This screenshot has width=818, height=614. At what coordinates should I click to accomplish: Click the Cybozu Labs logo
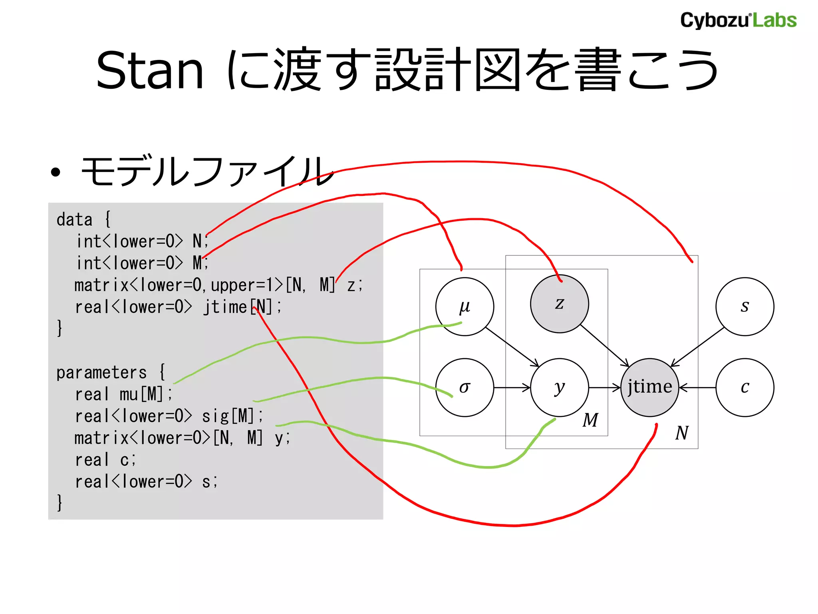(x=738, y=20)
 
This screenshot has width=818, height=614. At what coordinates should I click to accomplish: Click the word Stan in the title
(x=150, y=71)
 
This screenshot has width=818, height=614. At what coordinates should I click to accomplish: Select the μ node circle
(x=465, y=306)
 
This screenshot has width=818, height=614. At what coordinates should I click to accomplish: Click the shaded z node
(x=559, y=304)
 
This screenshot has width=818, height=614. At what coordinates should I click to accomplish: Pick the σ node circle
(x=465, y=387)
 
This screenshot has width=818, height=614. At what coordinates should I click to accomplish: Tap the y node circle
(x=559, y=387)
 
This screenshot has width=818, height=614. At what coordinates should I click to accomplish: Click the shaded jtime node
(x=649, y=387)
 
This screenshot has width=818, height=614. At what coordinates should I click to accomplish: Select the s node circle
(x=745, y=306)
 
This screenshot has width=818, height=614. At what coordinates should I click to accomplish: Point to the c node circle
(x=745, y=387)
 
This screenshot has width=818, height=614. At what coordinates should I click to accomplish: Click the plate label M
(x=590, y=420)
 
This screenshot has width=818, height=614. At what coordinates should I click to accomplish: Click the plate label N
(x=682, y=433)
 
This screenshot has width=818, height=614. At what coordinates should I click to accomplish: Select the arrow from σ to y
(x=512, y=387)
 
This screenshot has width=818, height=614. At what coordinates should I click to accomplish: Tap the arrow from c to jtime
(x=697, y=387)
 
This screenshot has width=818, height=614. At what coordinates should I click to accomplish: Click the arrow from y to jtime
(x=604, y=387)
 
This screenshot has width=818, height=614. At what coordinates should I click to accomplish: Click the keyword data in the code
(x=74, y=220)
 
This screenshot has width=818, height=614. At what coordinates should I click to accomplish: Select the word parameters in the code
(x=101, y=373)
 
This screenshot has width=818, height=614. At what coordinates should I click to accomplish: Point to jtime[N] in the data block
(x=242, y=307)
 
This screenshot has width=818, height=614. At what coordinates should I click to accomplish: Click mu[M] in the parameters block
(x=141, y=395)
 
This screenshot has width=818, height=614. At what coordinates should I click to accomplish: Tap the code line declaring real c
(x=105, y=460)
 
